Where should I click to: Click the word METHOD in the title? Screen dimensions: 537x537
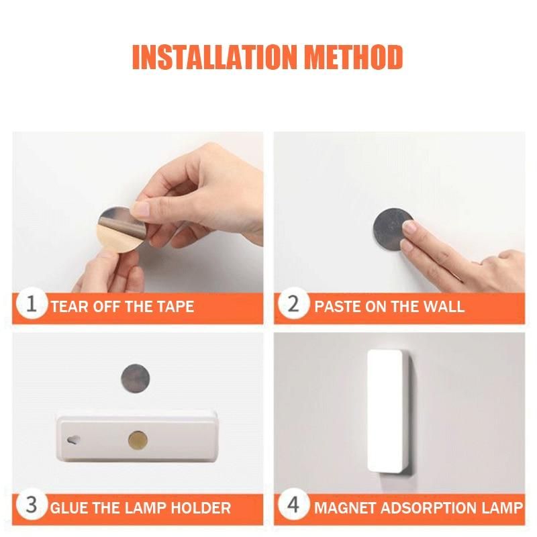tap(354, 57)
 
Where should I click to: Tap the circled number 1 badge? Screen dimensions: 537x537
tap(31, 304)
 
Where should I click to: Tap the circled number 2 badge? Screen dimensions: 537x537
tap(293, 304)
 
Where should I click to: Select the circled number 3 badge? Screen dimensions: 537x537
tap(31, 505)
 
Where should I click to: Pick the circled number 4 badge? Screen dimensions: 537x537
tap(293, 505)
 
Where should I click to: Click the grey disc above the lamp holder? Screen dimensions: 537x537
tap(136, 379)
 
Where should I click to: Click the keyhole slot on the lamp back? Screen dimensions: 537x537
tap(72, 440)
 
